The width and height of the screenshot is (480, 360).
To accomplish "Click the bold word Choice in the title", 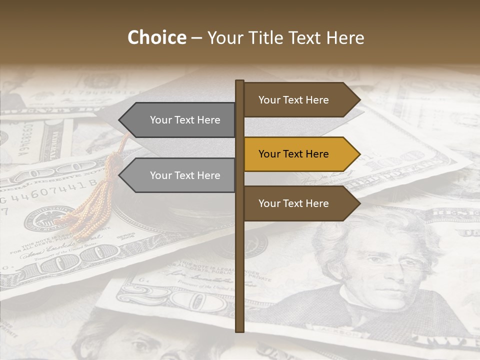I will click(x=156, y=37).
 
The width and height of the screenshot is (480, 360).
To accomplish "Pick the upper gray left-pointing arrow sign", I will click(x=180, y=120).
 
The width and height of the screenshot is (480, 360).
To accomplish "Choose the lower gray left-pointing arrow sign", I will click(x=180, y=175).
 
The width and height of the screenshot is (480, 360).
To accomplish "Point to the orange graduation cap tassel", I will click(x=100, y=200).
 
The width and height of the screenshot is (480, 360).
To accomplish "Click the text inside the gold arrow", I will click(x=293, y=154).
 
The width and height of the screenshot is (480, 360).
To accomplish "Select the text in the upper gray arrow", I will click(x=185, y=120).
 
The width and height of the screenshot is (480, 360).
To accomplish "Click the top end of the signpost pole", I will click(x=240, y=82).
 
